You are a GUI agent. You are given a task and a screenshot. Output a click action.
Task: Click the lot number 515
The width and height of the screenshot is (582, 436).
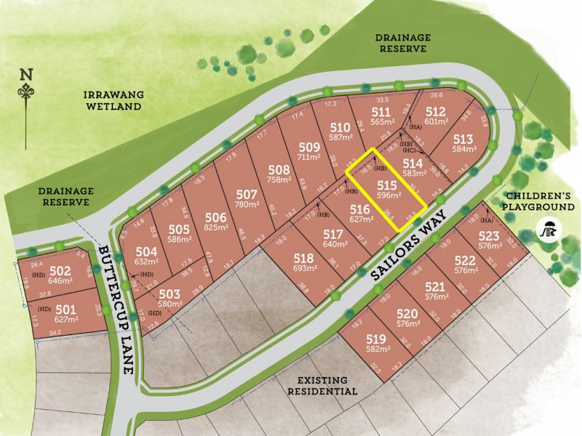[386, 185]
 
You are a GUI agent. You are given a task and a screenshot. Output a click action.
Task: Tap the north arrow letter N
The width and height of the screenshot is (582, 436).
[27, 74]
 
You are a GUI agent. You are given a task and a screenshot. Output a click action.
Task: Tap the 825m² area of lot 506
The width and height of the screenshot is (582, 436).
[215, 227]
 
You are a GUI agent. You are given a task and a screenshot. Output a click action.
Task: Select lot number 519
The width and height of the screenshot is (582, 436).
[375, 339]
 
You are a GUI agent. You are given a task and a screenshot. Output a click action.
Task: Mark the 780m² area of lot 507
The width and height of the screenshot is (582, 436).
[247, 205]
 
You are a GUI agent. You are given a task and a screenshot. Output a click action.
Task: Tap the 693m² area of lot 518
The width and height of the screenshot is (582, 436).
[304, 269]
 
